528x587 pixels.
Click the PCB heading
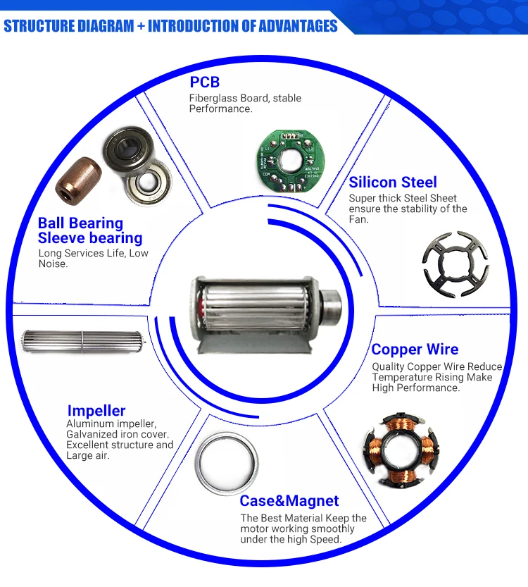204,82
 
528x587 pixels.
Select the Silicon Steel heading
393,183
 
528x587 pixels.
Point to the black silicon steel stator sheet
455,264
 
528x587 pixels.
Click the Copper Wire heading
415,350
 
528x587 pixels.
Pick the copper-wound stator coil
401,450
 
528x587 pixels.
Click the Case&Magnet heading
289,501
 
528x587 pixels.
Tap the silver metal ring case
227,464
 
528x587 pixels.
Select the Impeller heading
96,411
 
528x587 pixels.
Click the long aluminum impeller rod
83,341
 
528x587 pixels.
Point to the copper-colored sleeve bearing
79,181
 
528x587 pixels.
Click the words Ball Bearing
80,223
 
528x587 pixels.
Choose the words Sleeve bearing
90,238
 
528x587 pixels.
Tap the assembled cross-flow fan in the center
265,314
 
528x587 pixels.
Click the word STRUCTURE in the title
39,26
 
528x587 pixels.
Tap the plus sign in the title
141,27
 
